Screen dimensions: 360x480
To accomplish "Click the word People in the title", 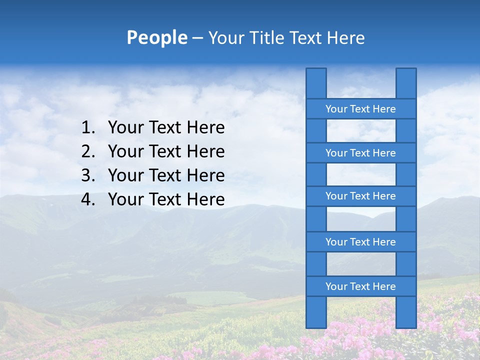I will [156, 38].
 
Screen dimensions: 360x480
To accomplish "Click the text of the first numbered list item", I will [166, 128].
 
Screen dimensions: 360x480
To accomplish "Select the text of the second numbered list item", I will [166, 151].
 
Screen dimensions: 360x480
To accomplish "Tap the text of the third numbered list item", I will [166, 175].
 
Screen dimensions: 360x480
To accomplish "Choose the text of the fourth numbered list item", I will [166, 199].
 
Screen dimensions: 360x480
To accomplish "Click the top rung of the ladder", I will [360, 109].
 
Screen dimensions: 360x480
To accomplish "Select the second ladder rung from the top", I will [360, 153].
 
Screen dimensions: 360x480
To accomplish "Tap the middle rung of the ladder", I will [360, 196].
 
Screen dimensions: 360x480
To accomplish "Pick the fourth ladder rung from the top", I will [360, 242].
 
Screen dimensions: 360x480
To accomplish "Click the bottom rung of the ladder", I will [360, 286].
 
